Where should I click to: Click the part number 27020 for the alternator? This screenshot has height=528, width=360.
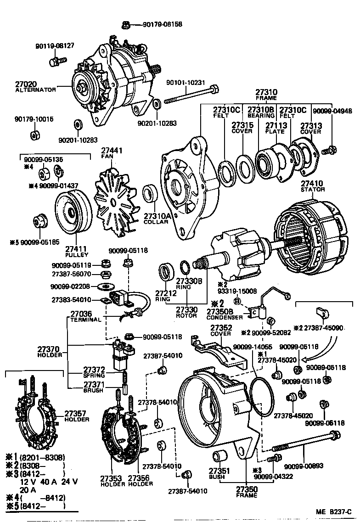point(26,84)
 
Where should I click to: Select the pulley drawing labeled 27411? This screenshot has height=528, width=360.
point(72,212)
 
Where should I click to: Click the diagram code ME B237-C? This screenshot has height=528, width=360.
point(333,511)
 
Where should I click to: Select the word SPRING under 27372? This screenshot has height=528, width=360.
point(94,375)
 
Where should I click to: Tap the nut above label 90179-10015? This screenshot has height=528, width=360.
point(34,135)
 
